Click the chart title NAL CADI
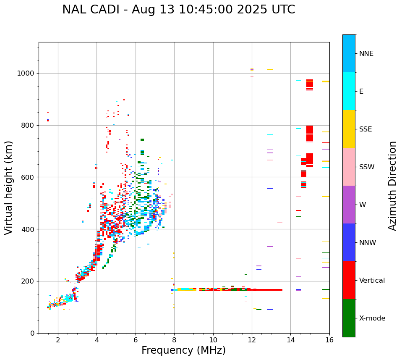178,10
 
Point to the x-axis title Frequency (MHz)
183,350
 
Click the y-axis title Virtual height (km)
9,188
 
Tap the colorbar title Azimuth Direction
392,186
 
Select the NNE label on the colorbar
366,54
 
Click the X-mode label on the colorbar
372,318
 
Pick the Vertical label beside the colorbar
372,281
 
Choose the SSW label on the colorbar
367,167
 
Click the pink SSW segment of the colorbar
349,167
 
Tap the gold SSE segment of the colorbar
349,129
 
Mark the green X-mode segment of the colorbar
349,318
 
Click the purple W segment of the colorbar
349,205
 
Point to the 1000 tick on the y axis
27,74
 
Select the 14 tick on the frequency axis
291,340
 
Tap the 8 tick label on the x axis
174,340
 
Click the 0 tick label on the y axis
33,333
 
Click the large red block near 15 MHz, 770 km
310,133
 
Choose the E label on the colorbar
361,92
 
